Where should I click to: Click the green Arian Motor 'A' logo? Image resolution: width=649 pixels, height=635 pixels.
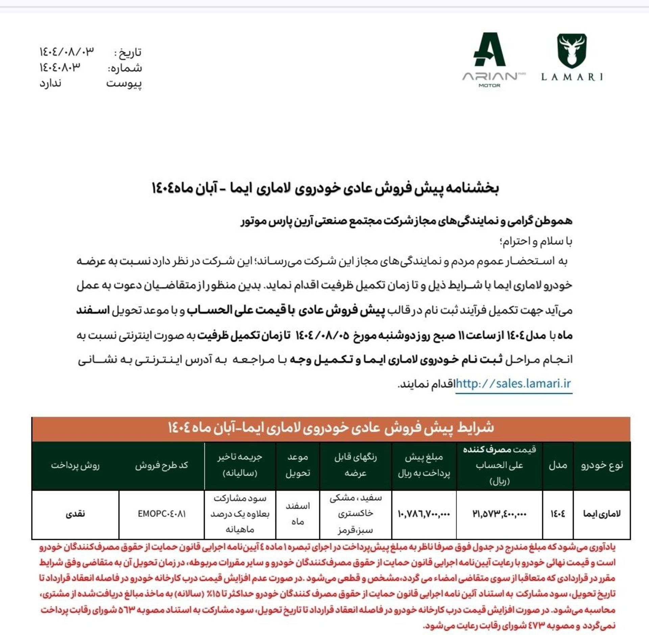pos(489,50)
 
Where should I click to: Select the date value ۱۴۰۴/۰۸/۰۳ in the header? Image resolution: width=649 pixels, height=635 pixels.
pos(67,52)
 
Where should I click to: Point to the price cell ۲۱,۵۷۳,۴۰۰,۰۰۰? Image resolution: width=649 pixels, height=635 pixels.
pos(499,514)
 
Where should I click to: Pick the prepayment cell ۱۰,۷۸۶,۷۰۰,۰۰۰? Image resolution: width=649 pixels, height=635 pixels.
pos(424,514)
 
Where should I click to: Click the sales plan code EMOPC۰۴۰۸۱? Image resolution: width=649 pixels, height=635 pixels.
pos(162,514)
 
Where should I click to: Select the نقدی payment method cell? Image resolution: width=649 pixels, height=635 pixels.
pos(75,514)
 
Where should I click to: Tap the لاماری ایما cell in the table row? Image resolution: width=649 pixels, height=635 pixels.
pos(602,514)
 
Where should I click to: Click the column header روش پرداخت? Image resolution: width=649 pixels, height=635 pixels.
pos(75,465)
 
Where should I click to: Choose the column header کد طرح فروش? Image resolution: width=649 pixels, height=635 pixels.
pos(162,465)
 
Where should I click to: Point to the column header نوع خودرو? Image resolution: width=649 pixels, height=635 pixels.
pos(602,465)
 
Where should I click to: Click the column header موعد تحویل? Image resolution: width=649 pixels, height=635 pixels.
pos(297,465)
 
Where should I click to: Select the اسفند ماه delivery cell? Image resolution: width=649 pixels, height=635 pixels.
pos(297,514)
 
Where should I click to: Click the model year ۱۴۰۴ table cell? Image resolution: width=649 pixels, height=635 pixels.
pos(558,514)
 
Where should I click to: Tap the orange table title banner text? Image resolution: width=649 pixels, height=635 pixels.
pos(331,428)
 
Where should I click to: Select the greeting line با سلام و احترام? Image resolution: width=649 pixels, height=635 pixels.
pos(536,241)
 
